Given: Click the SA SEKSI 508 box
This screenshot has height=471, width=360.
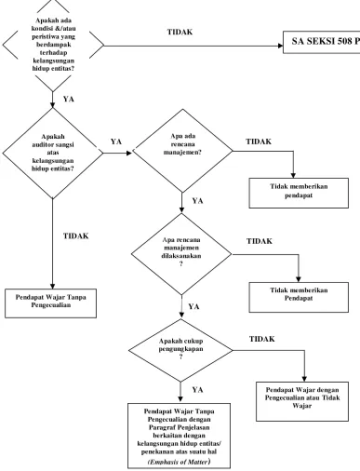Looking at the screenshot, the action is pos(322,42).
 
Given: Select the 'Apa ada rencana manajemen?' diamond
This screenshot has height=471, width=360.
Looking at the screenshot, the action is pos(182,151).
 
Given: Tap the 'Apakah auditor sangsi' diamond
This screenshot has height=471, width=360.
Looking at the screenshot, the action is pos(53,153).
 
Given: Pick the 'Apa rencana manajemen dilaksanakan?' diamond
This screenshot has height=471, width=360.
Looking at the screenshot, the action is pos(181,254).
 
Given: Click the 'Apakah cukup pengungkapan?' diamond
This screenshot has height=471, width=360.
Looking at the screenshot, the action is pos(180,350).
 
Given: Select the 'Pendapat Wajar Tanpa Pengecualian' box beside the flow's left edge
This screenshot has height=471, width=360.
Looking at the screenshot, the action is pos(50,303).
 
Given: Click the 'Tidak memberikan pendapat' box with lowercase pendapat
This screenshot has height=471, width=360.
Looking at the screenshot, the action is pos(299,193).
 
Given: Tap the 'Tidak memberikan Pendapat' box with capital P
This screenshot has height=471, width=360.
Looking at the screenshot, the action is pos(299,297).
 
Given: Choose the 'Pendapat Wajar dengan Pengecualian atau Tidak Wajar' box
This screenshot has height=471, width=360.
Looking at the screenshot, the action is pos(302,401).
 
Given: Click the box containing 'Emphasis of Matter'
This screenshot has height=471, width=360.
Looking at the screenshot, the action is pos(180,436).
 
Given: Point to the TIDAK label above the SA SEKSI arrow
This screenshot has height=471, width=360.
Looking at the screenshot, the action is pos(180,32).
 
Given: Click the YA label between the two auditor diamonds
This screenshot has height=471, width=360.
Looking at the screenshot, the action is pos(69,99).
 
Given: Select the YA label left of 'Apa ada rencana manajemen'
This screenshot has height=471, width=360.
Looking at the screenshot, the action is pos(116,141).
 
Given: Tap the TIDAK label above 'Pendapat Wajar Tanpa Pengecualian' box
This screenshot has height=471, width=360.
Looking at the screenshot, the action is pos(76,236).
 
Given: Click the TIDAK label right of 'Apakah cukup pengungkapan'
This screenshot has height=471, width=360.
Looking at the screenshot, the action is pos(262,339).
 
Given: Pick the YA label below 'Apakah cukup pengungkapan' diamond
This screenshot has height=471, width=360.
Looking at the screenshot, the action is pos(197,390).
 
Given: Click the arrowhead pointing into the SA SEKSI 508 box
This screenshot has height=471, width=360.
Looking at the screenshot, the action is pos(281,46).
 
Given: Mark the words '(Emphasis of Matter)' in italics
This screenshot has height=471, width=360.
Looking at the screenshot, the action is pos(180,462).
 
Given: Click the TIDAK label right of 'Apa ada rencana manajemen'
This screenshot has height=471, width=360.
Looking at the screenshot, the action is pos(259,141).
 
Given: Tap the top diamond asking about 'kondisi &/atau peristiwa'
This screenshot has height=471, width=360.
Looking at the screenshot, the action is pos(53,45).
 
